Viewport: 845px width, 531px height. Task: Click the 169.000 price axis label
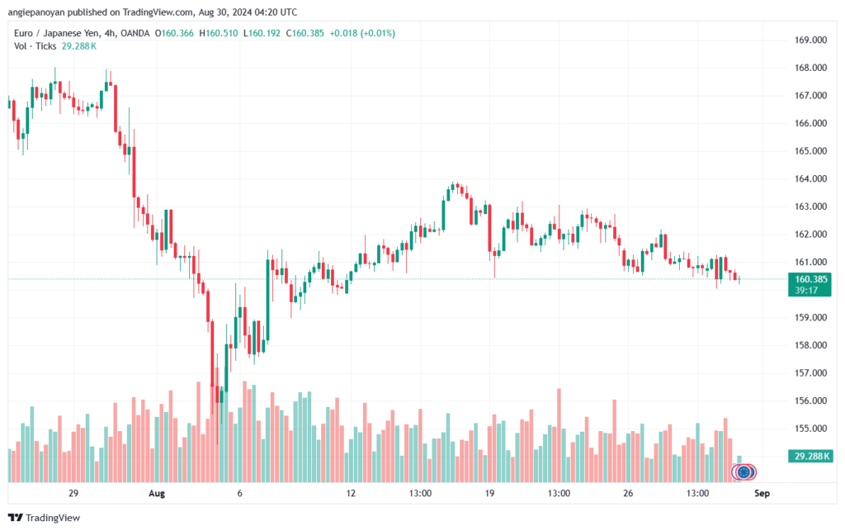pos(810,40)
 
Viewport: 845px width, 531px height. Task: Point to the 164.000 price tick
pos(810,178)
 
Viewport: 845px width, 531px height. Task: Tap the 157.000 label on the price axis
pos(810,373)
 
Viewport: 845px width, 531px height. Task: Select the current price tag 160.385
pos(810,279)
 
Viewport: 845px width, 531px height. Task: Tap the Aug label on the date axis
pos(158,494)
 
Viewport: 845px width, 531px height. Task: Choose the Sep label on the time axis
pos(762,494)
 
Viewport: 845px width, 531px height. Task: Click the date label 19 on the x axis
pos(489,494)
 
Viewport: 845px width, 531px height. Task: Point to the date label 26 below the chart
pos(628,494)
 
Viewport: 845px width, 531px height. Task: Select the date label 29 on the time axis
pos(73,494)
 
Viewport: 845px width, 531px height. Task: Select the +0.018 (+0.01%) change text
pos(361,33)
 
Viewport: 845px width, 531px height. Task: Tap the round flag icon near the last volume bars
pos(744,472)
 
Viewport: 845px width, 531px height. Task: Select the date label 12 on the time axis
pos(351,494)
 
